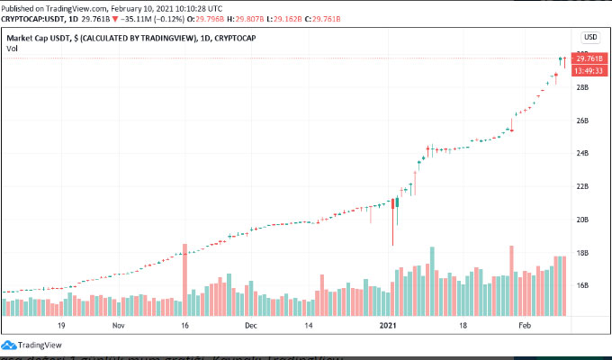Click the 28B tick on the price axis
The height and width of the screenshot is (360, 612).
coord(581,87)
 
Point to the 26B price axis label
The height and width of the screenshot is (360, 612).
coord(581,121)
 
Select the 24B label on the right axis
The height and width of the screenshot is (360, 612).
coord(581,154)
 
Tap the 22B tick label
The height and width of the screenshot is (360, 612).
coord(581,186)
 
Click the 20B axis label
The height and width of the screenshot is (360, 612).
coord(581,220)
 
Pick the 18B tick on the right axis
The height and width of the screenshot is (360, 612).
coord(581,253)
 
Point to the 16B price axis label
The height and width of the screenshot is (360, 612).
coord(581,286)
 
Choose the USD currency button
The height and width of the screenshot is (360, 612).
coord(590,37)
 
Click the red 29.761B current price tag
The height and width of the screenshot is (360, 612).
coord(589,58)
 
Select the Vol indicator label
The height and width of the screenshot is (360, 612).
coord(12,49)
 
